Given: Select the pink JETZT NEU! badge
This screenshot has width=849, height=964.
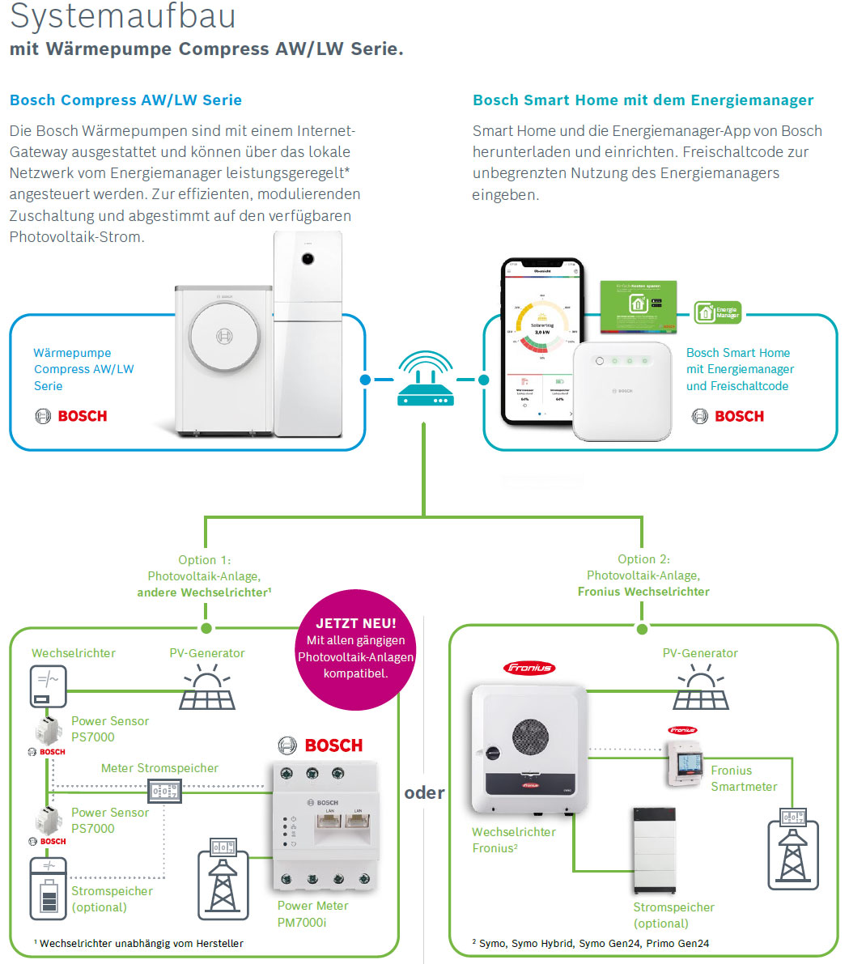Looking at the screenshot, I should pos(356,648).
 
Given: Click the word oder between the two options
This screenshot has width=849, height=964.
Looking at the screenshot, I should pos(424,792).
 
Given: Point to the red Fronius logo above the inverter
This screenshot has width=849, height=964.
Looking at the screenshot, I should pos(529,668).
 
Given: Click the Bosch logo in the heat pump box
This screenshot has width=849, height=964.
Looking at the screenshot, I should pos(71,416).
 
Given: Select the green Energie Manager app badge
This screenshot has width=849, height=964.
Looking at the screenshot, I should pos(717,312).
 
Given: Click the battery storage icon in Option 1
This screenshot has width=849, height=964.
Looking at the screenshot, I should pos(48,888).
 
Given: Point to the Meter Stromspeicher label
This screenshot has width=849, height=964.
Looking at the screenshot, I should pos(159,768).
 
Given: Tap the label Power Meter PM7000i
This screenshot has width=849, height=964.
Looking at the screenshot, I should pos(313,914).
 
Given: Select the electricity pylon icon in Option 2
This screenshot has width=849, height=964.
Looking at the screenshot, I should pos(792,850).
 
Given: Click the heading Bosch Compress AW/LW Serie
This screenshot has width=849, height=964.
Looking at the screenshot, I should pos(125,100).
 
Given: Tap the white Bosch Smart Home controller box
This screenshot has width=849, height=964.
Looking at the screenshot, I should pos(622,392).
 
